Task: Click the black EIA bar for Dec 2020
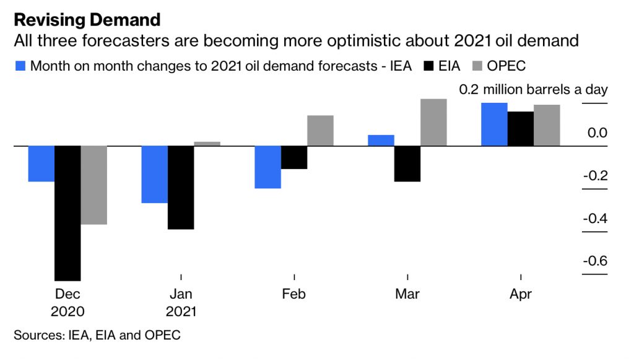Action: (x=67, y=213)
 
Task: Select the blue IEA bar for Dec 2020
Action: (x=41, y=164)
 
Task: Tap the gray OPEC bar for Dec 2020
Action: (x=94, y=185)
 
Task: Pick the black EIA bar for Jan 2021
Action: (x=181, y=187)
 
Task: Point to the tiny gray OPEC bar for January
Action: (x=207, y=144)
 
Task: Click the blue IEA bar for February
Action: (x=268, y=167)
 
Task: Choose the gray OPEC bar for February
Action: (x=320, y=130)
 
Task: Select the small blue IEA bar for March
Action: (x=381, y=140)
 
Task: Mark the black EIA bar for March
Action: (x=407, y=164)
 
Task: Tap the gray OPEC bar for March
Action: (x=433, y=122)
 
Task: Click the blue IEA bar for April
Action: (x=494, y=124)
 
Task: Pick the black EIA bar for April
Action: (x=521, y=128)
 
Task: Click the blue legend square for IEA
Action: (x=20, y=66)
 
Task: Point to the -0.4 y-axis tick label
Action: (x=595, y=218)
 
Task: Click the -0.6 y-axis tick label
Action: (x=595, y=260)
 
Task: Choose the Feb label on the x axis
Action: (x=293, y=294)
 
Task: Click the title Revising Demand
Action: (x=87, y=19)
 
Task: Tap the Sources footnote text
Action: (x=97, y=335)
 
